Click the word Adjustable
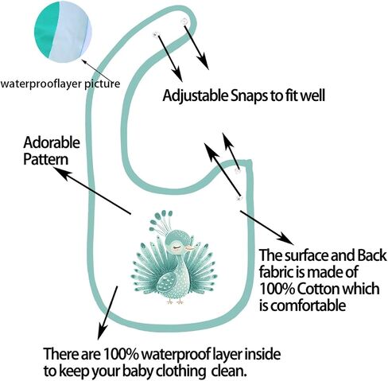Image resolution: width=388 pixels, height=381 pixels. click(x=195, y=96)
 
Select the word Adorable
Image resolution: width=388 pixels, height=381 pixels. click(x=52, y=142)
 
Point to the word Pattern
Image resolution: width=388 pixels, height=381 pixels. click(x=46, y=160)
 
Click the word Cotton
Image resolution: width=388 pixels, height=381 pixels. click(x=316, y=289)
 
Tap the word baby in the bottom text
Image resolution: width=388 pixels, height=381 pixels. click(x=138, y=371)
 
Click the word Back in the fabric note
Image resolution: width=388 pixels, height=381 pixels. click(x=371, y=255)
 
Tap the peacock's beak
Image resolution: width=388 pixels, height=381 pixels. click(x=190, y=248)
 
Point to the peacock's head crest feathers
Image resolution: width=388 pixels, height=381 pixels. click(x=161, y=222)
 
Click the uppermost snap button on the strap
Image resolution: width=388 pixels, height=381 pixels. click(x=184, y=21)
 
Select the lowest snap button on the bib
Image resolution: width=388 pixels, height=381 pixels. click(x=239, y=198)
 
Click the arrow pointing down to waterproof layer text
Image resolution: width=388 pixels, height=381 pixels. click(x=107, y=313)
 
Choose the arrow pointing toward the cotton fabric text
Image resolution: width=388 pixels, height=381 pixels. click(x=267, y=227)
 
